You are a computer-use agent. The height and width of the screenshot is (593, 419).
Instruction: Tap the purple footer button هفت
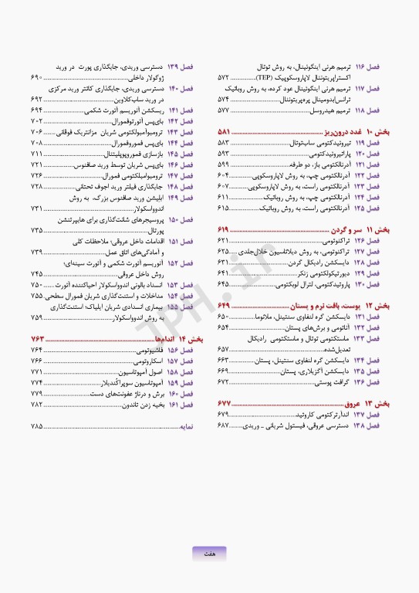click(x=210, y=553)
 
